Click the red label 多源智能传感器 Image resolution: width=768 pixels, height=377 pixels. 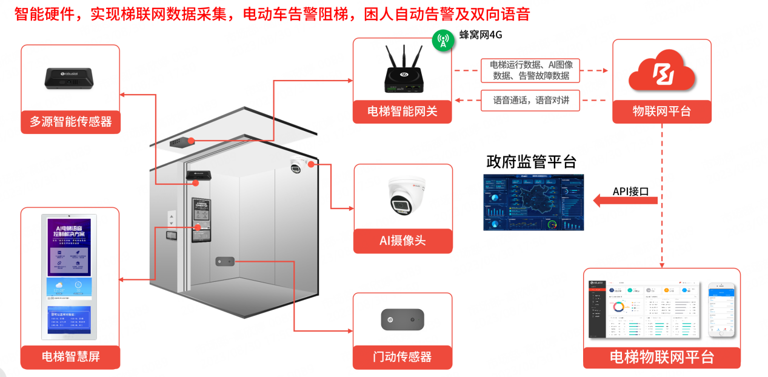point(70,121)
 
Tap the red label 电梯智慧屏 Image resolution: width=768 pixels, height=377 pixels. point(70,356)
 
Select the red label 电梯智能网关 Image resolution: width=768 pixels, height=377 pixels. point(402,112)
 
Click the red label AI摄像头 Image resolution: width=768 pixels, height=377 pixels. point(402,241)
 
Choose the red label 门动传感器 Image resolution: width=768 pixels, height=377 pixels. point(402,357)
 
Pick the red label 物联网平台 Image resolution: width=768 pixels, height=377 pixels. point(661,112)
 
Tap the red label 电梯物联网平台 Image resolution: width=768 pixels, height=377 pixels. point(661,357)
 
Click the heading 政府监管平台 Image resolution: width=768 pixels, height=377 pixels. point(531,162)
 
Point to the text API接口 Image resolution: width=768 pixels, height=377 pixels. point(630,191)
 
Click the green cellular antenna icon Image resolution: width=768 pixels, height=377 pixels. point(443,41)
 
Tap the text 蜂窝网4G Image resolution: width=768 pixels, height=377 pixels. point(481,35)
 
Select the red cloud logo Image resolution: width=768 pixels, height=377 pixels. point(661,71)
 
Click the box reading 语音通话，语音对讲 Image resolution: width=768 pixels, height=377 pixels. point(530,101)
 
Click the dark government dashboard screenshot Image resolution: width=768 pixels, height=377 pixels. point(533,202)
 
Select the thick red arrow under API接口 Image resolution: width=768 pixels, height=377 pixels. point(624,200)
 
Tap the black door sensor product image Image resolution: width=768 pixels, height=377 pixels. point(402,319)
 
